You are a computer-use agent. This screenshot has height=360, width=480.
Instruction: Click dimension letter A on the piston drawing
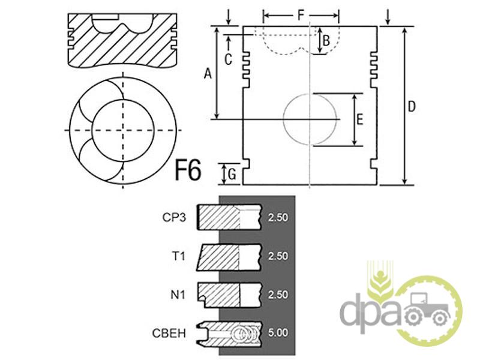[x=208, y=73]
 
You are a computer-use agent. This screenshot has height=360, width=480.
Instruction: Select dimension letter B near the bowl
[x=326, y=40]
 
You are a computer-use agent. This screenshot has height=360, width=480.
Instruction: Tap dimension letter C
[x=228, y=59]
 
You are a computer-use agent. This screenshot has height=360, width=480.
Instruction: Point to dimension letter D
[x=412, y=107]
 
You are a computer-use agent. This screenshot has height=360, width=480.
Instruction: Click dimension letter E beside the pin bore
[x=359, y=119]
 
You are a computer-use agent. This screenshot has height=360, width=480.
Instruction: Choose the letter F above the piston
[x=302, y=15]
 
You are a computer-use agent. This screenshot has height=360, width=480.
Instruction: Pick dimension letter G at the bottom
[x=232, y=175]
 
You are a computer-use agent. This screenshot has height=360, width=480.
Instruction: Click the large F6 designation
[x=188, y=170]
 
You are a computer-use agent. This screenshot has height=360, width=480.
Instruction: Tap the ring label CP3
[x=174, y=218]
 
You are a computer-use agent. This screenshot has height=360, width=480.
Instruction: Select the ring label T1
[x=179, y=256]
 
